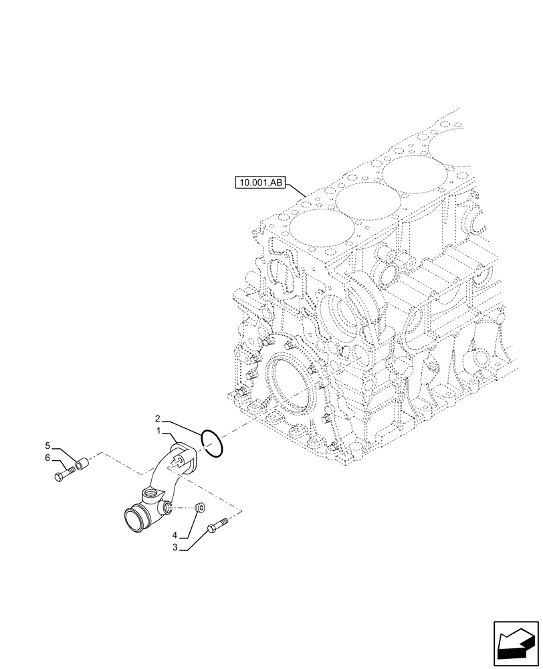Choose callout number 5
pyautogui.click(x=47, y=445)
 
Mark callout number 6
pyautogui.click(x=47, y=458)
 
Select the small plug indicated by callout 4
pyautogui.click(x=199, y=509)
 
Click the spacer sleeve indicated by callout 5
pyautogui.click(x=82, y=463)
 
